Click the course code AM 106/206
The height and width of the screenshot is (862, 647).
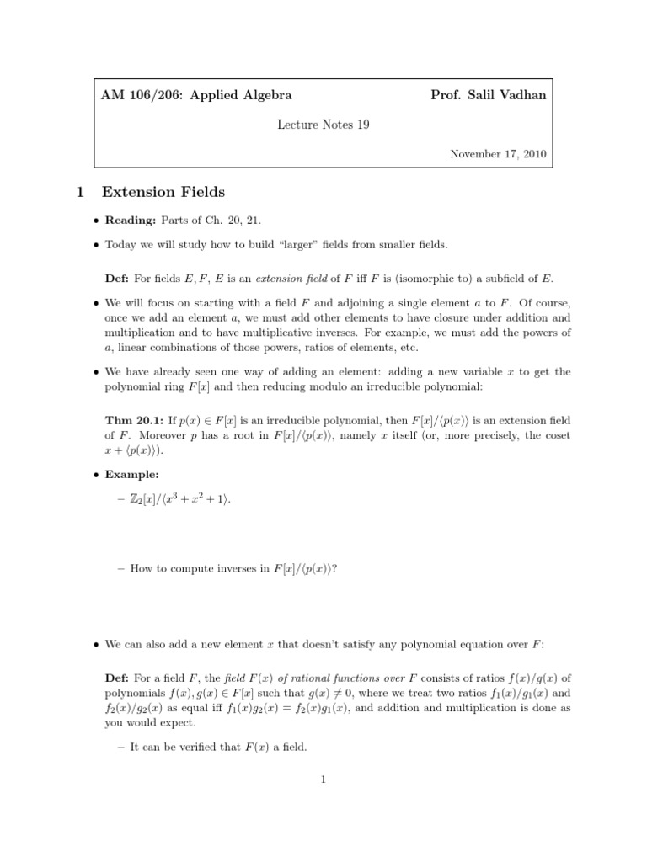click(142, 95)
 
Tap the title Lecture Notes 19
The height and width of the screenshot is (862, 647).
click(323, 125)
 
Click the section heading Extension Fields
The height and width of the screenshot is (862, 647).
click(163, 192)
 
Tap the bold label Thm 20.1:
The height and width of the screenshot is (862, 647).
click(134, 418)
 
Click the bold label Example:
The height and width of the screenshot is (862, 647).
click(132, 475)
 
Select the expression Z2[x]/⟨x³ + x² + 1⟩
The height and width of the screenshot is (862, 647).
click(180, 500)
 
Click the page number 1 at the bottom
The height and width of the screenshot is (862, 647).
click(323, 780)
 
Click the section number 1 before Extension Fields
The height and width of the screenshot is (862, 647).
click(78, 192)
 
